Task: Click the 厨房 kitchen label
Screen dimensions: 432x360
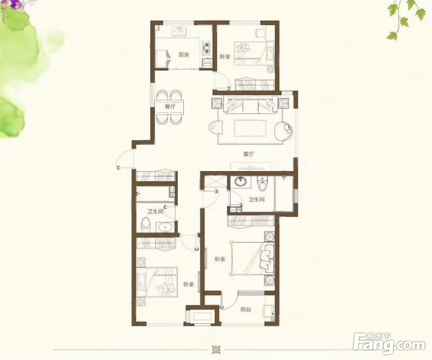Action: click(x=183, y=55)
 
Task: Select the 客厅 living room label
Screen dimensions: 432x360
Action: click(x=248, y=154)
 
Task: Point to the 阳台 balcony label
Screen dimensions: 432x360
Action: click(x=246, y=310)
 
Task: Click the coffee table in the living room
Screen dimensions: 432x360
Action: click(x=249, y=128)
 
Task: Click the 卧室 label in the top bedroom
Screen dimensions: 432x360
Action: click(x=225, y=57)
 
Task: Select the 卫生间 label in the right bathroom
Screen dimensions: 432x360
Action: click(x=257, y=199)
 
